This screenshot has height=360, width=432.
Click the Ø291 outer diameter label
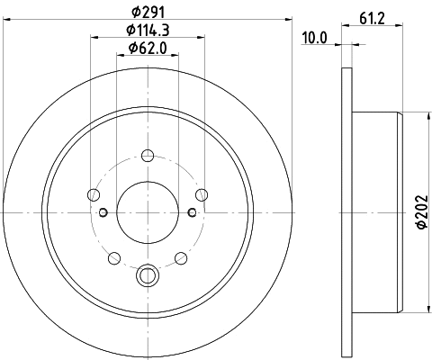[x=149, y=12]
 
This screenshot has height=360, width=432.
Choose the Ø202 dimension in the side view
[x=420, y=213]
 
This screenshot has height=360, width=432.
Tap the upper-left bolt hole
[x=94, y=193]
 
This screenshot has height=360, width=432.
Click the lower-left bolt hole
[x=113, y=259]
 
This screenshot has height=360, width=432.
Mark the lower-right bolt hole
[x=183, y=259]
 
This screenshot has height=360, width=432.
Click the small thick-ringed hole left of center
[x=103, y=212]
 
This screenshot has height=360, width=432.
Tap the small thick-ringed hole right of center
[x=193, y=212]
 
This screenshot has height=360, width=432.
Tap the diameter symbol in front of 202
[x=420, y=230]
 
